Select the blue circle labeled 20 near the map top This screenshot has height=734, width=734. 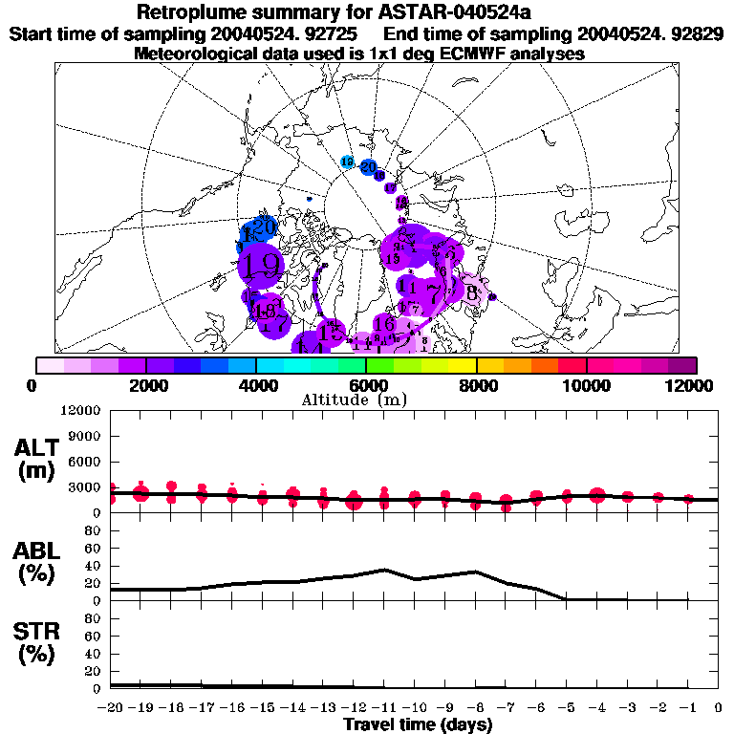[368, 166]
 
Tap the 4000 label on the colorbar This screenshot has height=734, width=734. [256, 385]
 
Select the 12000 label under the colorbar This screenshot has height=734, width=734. [691, 385]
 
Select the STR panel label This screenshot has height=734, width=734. [39, 642]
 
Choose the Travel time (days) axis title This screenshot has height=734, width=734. [418, 724]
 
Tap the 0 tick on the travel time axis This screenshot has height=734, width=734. [719, 707]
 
